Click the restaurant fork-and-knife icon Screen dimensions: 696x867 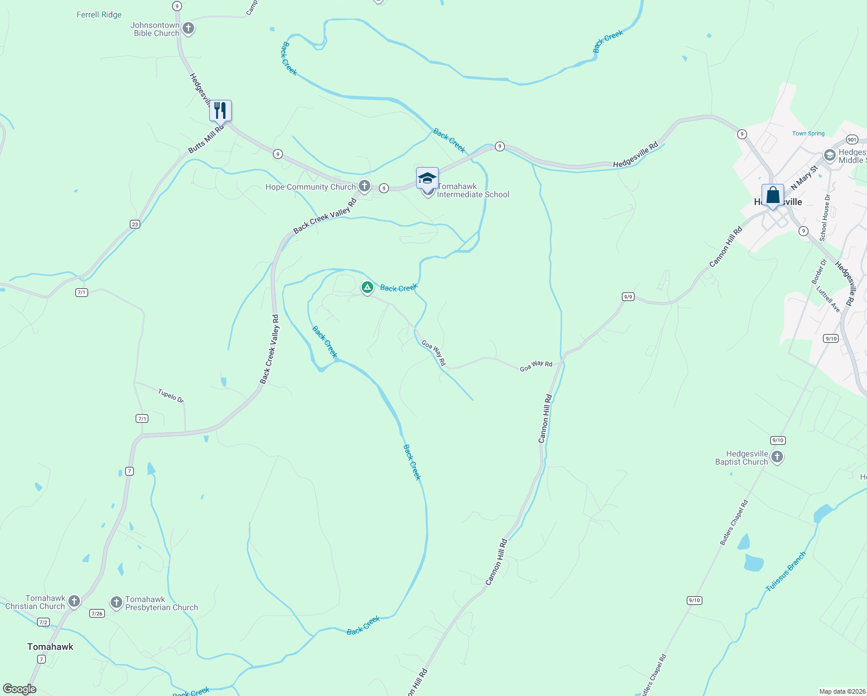[x=220, y=110]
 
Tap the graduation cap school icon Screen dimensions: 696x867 [x=427, y=177]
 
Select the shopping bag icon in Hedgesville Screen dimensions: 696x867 [x=773, y=195]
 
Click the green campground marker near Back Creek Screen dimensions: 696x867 [x=367, y=287]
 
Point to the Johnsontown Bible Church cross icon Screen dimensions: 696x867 [x=188, y=28]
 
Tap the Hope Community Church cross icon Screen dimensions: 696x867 [x=365, y=186]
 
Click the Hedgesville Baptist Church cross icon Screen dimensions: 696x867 [x=777, y=457]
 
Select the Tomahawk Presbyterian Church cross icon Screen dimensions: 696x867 [x=116, y=603]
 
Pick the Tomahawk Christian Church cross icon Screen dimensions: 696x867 [x=74, y=601]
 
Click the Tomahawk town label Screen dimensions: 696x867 [x=50, y=647]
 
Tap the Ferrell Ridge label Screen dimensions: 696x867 [x=99, y=14]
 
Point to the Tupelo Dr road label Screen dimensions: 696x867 [x=170, y=396]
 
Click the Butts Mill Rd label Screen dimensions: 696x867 [x=206, y=139]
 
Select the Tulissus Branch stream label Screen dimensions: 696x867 [x=786, y=572]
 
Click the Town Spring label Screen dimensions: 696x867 [x=808, y=133]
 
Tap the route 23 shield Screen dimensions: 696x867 [x=134, y=224]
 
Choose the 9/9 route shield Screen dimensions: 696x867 [x=628, y=297]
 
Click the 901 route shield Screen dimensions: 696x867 [x=851, y=140]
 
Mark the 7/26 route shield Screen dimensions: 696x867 [x=97, y=613]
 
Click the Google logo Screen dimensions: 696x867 [x=20, y=689]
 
